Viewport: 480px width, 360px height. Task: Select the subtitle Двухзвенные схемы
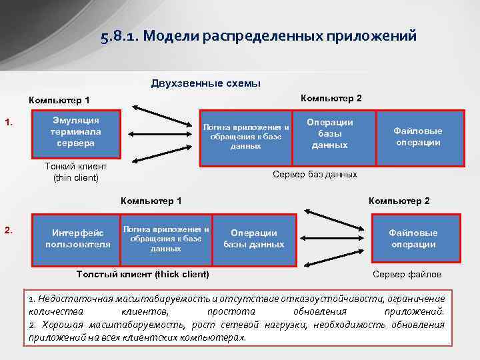tap(206, 83)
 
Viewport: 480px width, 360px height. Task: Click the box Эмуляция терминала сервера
tap(75, 131)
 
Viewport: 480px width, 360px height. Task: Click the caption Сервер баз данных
tap(315, 174)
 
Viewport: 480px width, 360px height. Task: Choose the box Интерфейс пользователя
tap(77, 238)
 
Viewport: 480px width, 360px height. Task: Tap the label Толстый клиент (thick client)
tap(143, 274)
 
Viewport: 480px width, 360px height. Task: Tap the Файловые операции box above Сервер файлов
tap(414, 239)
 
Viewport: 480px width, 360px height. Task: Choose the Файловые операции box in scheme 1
tap(417, 137)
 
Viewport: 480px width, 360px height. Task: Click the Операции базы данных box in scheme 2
tap(253, 239)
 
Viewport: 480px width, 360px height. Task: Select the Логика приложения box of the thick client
tap(166, 239)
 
